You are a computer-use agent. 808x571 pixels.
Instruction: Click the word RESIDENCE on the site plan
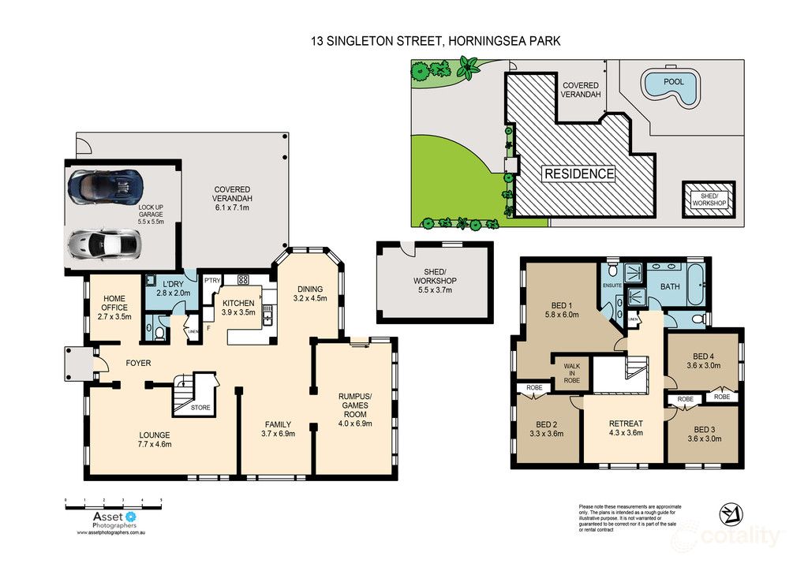578,174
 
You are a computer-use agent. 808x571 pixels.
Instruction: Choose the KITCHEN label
238,303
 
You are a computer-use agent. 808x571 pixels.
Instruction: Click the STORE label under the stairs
200,408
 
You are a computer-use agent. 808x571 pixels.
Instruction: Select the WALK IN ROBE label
572,372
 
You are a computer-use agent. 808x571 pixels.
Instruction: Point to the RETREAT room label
625,423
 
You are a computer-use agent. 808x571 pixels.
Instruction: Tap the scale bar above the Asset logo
114,501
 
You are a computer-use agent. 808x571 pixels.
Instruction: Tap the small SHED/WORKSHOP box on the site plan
709,198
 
